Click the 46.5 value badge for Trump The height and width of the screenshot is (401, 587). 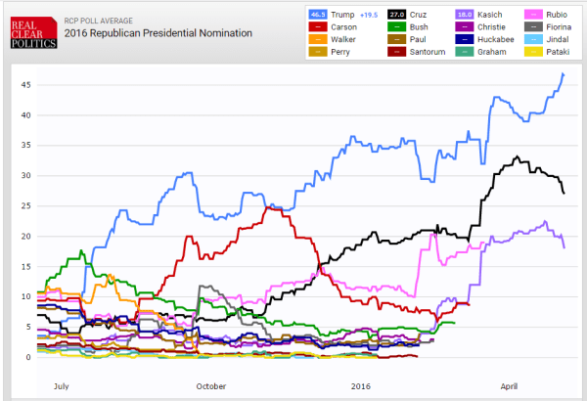(x=318, y=15)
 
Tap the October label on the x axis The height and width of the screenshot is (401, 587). (x=212, y=387)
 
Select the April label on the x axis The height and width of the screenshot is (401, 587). (x=508, y=387)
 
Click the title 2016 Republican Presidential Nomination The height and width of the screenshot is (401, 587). (x=158, y=33)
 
